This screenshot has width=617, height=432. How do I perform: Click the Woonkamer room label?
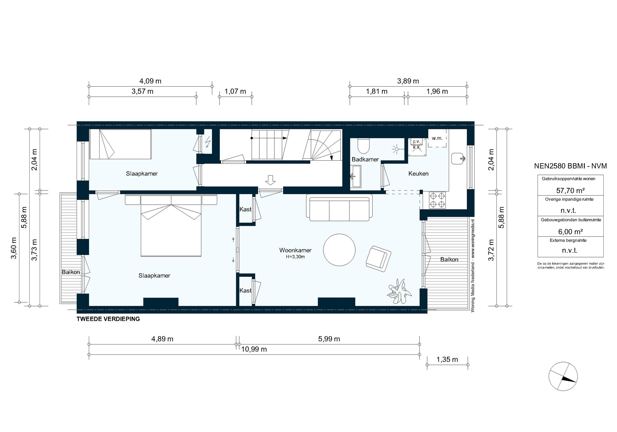295,250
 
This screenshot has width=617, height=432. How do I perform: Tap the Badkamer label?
365,159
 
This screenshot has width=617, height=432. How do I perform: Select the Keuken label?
418,174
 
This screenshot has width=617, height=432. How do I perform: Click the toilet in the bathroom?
364,145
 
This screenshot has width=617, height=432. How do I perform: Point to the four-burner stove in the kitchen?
437,200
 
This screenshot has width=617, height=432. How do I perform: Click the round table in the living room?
339,250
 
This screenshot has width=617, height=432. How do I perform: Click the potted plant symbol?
399,292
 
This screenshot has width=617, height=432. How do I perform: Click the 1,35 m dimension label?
447,359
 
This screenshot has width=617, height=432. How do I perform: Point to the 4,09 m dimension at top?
150,81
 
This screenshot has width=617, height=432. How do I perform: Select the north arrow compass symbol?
563,376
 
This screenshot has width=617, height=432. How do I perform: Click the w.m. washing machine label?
437,138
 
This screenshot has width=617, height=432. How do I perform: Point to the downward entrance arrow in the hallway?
270,180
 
